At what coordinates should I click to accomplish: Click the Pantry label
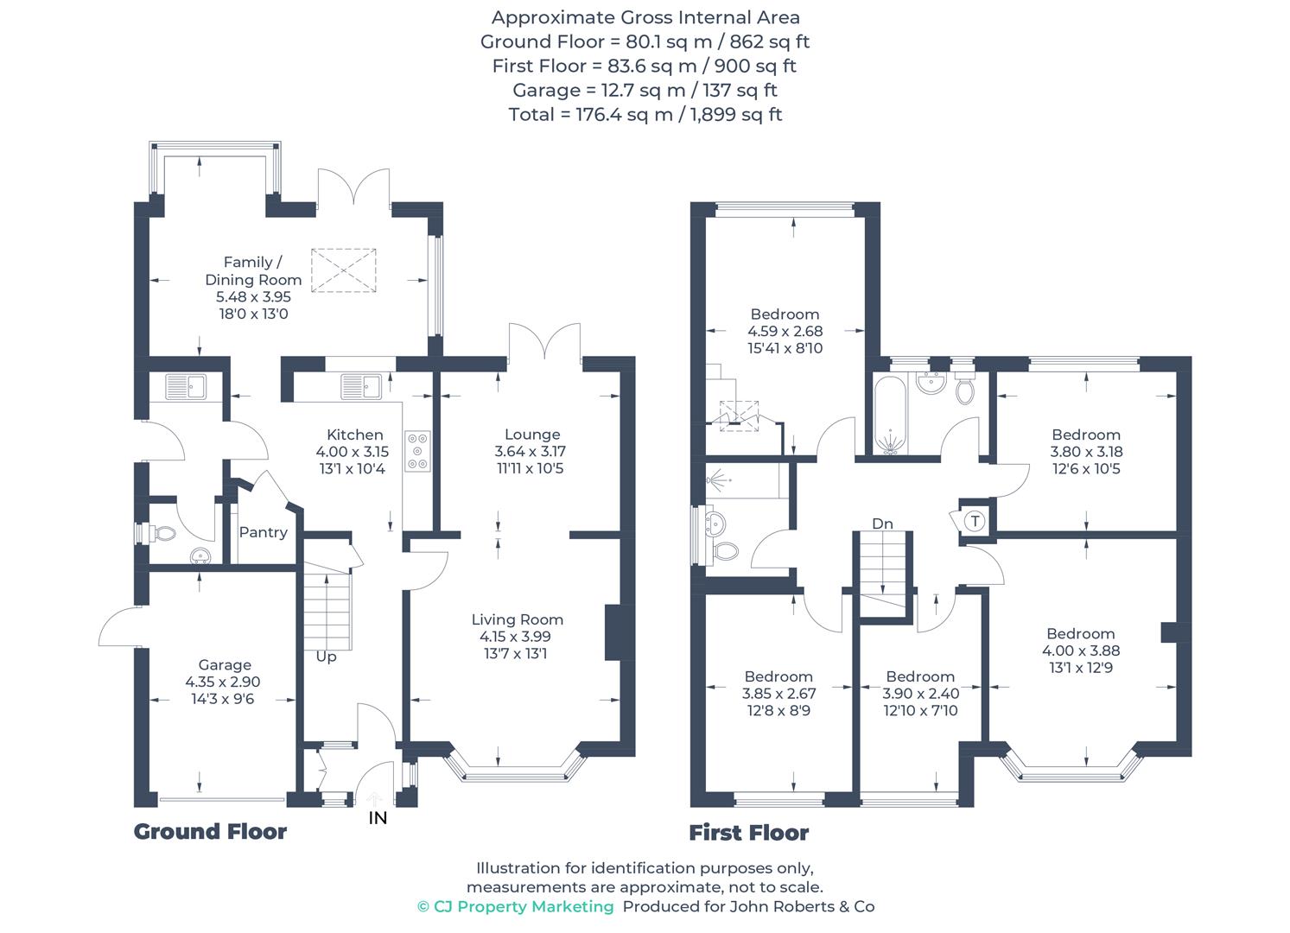(x=264, y=533)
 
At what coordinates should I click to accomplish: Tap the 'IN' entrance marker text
(x=378, y=818)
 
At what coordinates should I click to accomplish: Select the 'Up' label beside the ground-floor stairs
(x=326, y=657)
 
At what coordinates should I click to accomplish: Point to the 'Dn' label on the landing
(x=882, y=524)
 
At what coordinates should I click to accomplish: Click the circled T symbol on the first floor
(x=975, y=522)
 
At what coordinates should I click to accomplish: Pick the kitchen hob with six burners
(x=417, y=452)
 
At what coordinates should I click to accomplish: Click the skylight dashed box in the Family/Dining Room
(x=344, y=270)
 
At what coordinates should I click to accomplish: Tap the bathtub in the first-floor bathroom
(x=890, y=416)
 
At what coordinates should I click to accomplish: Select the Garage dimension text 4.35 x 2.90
(x=223, y=682)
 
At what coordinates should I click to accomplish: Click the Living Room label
(x=518, y=619)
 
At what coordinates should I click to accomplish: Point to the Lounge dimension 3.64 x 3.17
(x=531, y=452)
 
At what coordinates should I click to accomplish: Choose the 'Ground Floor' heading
(x=210, y=832)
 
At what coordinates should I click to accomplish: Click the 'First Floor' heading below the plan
(x=748, y=833)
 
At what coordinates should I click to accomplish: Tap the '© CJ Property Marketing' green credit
(x=516, y=906)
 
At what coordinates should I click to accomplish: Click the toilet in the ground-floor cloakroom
(x=162, y=533)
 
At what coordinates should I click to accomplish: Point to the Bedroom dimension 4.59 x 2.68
(x=785, y=331)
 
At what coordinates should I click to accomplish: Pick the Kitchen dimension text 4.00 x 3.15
(x=353, y=452)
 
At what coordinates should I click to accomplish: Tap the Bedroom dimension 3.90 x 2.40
(x=921, y=694)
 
